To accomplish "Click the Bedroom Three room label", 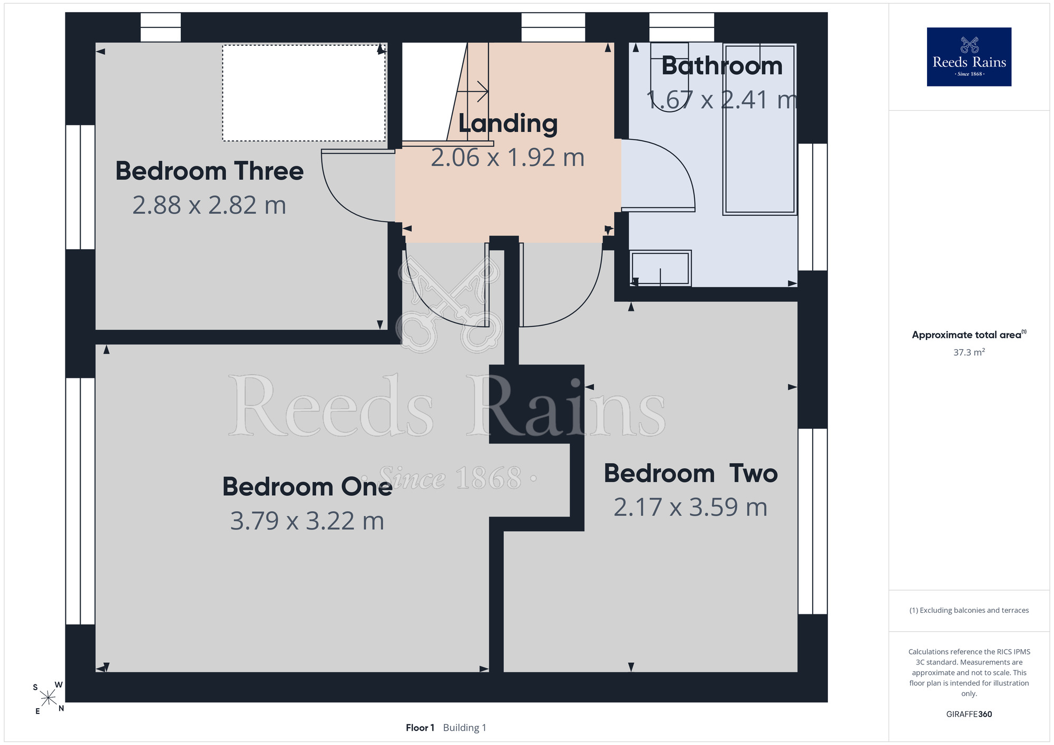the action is tap(209, 171).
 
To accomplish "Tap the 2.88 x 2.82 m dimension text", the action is tap(209, 205).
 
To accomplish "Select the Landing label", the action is tap(508, 124).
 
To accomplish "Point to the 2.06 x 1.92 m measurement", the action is tap(508, 158).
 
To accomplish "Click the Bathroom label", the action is tap(722, 66).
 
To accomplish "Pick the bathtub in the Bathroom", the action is tap(759, 129).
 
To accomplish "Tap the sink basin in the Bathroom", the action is tap(660, 268).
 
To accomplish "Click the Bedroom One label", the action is tap(307, 486).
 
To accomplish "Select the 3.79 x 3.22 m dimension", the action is tap(307, 521).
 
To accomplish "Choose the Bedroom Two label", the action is tap(691, 473).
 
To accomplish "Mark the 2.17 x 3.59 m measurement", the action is tap(691, 507).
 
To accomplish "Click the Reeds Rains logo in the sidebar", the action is tap(969, 57).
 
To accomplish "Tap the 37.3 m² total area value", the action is tap(969, 352).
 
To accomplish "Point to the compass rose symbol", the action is tap(48, 698).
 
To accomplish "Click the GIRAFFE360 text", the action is tap(969, 714).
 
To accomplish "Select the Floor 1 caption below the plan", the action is tap(420, 728).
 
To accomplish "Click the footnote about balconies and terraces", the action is tap(969, 610).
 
